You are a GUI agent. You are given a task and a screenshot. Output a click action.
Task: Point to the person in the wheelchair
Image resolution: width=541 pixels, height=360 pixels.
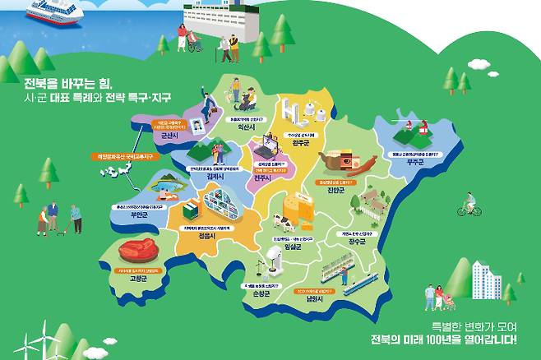pos(195,42)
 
